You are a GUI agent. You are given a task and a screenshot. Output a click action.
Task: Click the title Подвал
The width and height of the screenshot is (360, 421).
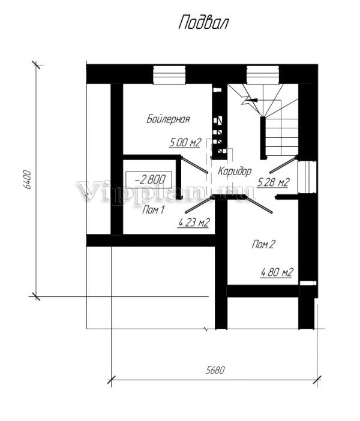click(x=203, y=23)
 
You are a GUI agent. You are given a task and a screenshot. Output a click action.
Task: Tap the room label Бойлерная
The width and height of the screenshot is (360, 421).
click(x=168, y=119)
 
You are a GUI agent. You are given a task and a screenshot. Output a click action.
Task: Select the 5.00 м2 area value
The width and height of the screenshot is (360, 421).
click(x=185, y=143)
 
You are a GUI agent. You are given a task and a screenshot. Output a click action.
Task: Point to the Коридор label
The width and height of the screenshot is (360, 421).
click(x=235, y=171)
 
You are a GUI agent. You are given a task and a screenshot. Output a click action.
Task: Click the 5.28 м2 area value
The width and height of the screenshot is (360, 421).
click(x=273, y=182)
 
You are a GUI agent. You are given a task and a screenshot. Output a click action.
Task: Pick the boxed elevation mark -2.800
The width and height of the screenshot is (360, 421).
click(x=149, y=179)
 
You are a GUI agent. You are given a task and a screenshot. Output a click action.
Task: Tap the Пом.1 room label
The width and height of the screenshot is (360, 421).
click(x=153, y=210)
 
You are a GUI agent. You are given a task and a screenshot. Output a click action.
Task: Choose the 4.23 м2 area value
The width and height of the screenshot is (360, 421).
click(x=194, y=222)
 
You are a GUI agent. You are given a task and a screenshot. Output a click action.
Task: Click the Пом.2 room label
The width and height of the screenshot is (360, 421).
click(x=263, y=244)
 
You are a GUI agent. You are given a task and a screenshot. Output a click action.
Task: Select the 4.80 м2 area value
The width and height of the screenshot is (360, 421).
click(x=277, y=272)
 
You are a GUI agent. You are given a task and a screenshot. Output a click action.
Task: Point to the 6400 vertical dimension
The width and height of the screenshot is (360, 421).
click(x=28, y=180)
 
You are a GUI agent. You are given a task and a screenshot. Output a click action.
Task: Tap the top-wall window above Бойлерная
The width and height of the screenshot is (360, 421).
click(x=169, y=75)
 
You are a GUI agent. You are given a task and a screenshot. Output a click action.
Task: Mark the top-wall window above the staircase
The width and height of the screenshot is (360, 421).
click(x=263, y=75)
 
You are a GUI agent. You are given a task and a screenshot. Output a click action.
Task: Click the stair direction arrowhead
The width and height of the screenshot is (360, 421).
click(x=252, y=100)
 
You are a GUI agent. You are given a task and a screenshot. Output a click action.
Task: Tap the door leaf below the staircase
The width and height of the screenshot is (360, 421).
click(x=283, y=164)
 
